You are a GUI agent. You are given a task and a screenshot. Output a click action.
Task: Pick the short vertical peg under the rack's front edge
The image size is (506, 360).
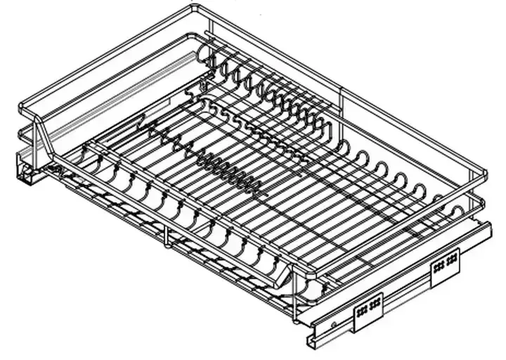coord(166,240)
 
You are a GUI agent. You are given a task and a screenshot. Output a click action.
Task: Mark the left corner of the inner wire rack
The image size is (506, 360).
coord(85,149)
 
